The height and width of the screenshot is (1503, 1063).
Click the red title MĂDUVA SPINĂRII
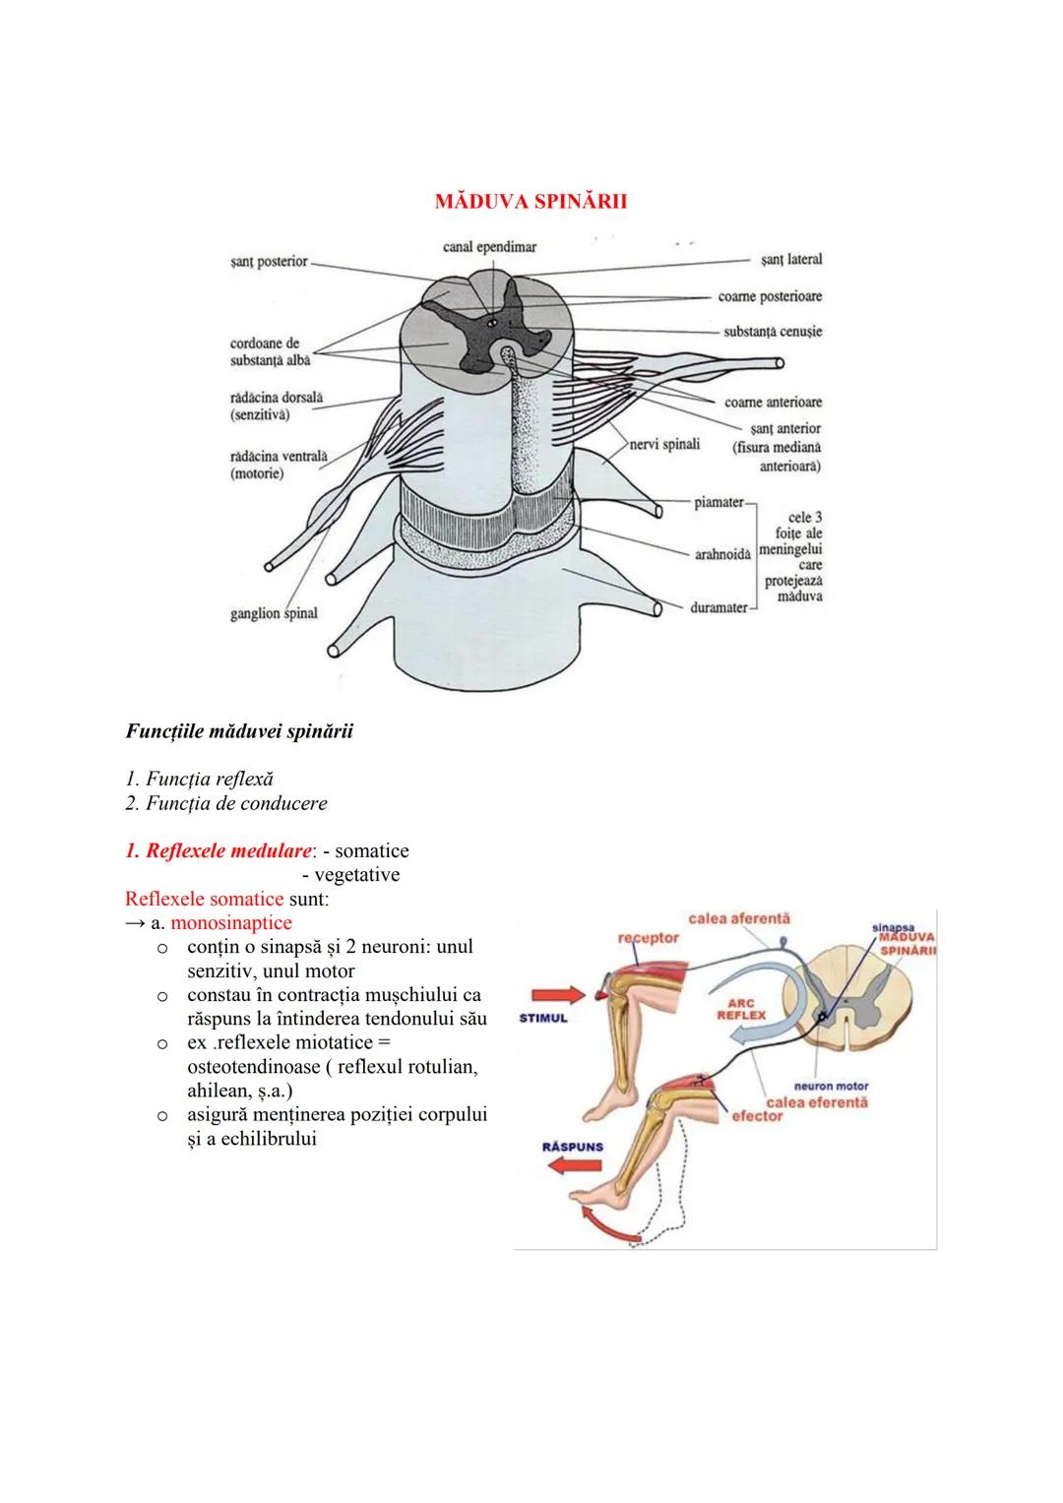tap(531, 202)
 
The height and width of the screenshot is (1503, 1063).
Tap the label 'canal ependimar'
tap(489, 246)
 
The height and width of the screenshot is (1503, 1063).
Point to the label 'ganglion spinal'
tap(274, 613)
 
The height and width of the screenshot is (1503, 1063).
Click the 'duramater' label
tap(719, 607)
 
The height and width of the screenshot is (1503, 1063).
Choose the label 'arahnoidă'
tap(722, 555)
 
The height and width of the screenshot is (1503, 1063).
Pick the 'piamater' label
tap(719, 502)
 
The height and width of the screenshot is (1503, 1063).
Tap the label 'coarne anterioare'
tap(773, 402)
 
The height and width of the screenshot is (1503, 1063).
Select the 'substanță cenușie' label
tap(773, 332)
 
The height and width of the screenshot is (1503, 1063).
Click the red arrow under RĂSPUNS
tap(575, 1168)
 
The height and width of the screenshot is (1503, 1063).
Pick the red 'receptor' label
tap(648, 938)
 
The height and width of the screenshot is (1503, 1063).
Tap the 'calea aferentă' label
tap(739, 918)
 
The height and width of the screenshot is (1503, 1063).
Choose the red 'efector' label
tap(757, 1117)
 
